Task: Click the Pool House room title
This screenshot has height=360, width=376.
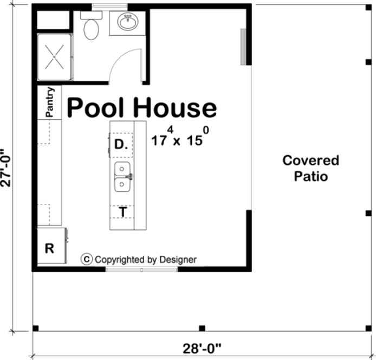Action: point(141,108)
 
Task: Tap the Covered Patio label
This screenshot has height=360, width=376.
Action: point(310,168)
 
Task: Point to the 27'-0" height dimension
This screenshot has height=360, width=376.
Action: point(7,168)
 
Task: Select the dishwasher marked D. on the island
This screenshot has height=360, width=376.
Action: point(121,145)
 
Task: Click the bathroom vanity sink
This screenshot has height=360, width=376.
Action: point(128,23)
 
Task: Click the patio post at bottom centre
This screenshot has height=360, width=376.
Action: point(202,328)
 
